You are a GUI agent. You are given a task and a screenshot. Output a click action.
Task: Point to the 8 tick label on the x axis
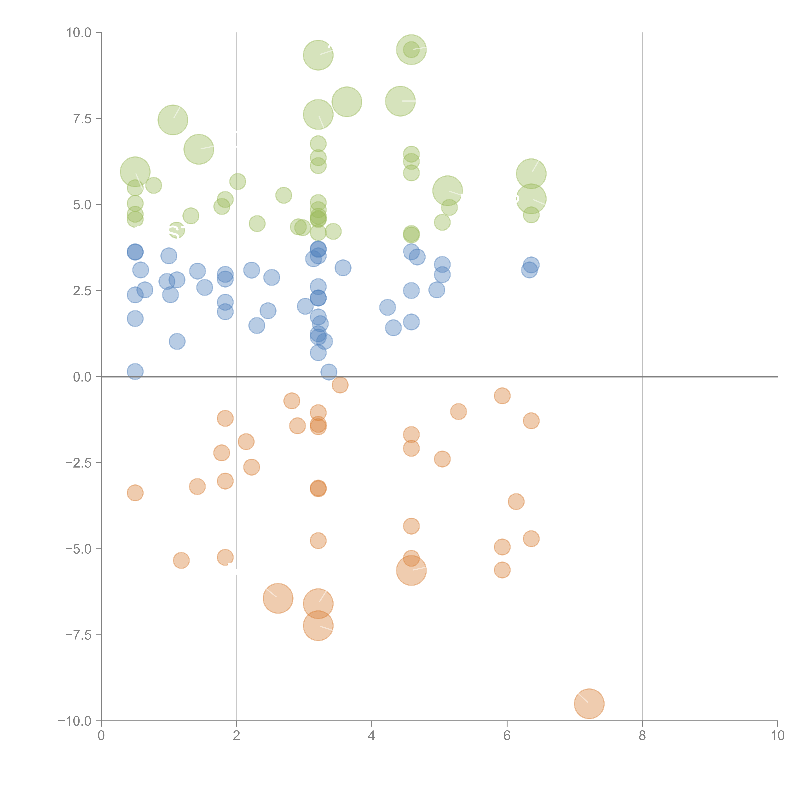642,736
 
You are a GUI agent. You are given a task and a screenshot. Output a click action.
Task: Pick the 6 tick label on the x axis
507,736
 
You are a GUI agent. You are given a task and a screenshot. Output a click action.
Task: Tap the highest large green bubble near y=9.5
411,49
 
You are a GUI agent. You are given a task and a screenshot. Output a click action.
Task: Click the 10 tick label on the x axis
777,736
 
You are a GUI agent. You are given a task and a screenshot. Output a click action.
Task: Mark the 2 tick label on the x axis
237,736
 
